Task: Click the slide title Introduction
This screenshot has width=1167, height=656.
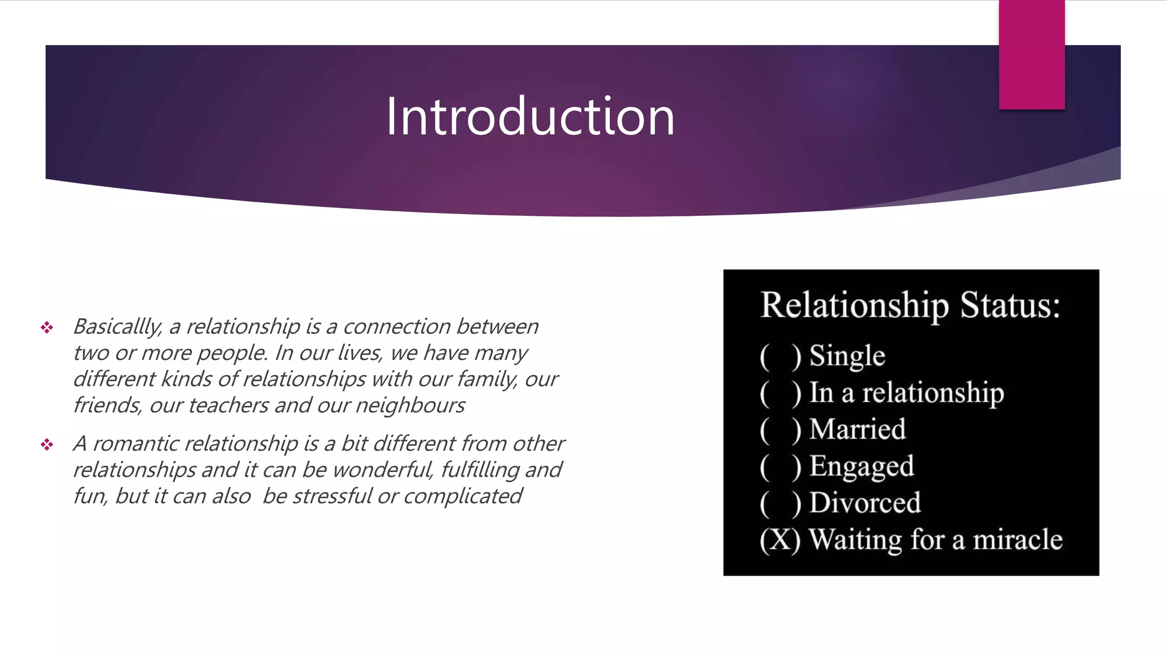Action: point(530,117)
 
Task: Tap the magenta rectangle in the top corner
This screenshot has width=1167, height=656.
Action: point(1031,54)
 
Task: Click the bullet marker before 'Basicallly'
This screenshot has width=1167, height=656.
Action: point(47,327)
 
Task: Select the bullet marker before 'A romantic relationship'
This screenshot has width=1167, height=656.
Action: point(47,444)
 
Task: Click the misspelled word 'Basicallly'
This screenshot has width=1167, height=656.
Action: point(117,327)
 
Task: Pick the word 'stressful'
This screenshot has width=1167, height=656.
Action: point(332,496)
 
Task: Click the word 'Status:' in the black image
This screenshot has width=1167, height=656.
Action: point(1010,305)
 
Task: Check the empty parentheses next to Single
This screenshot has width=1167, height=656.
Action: point(780,356)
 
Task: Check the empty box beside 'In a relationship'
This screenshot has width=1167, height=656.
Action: point(780,393)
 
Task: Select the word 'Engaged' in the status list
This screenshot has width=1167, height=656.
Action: point(862,466)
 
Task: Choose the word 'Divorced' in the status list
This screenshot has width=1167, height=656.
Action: point(864,503)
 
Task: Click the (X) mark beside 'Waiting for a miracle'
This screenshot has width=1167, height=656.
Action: point(780,540)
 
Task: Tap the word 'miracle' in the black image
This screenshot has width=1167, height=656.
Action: point(1017,539)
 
